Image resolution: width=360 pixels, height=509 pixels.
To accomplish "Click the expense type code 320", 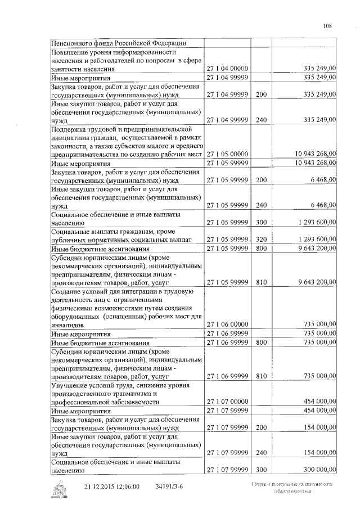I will (260, 239).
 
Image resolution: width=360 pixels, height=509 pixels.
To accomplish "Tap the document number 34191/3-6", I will (170, 487).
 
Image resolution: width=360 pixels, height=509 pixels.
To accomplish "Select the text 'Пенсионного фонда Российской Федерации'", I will (119, 43).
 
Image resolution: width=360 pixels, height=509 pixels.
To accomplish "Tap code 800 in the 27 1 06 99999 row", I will (260, 342).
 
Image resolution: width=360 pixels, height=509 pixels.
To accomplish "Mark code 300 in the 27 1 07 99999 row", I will (260, 469).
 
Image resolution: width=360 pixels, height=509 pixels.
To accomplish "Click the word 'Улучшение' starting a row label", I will (70, 385).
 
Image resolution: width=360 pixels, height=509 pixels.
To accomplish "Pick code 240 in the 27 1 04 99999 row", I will (260, 120).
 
